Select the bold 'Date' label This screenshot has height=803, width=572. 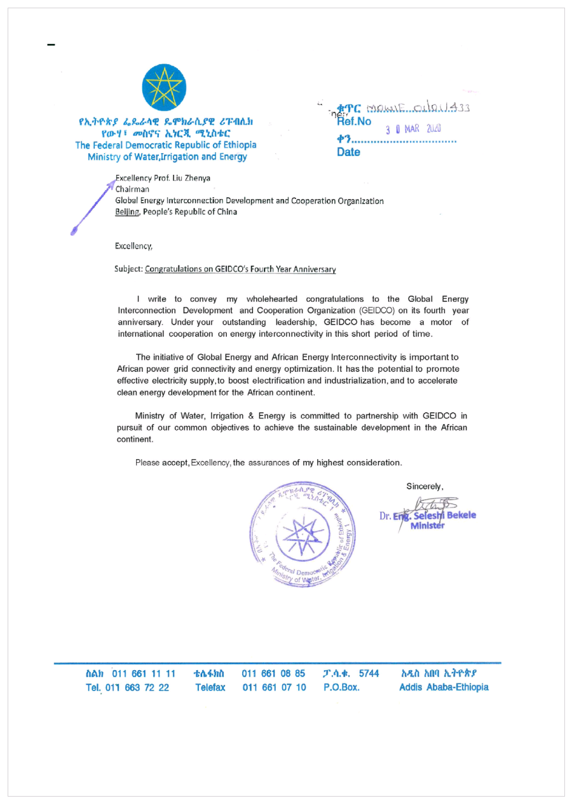348,153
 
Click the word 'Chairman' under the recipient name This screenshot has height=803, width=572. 132,189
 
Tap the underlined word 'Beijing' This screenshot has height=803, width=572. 128,212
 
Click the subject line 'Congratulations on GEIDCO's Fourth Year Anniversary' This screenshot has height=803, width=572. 240,269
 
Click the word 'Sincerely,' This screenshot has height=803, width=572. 425,486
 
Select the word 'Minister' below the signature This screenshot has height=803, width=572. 429,525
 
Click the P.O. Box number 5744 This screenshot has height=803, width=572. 369,673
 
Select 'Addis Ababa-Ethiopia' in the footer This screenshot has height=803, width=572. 444,688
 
